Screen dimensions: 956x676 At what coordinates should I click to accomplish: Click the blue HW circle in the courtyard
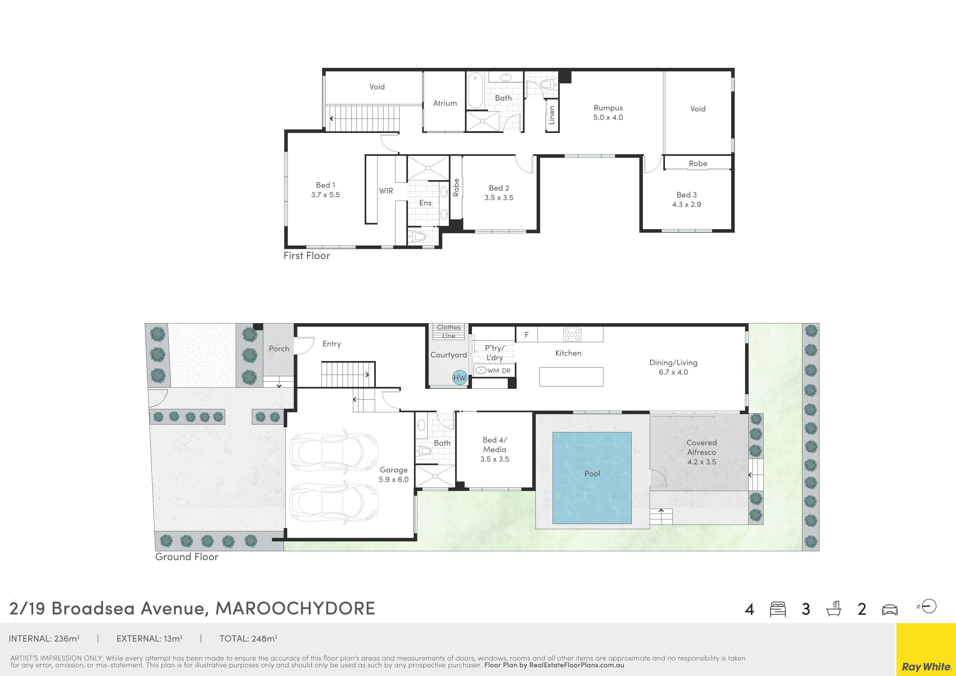[x=460, y=378]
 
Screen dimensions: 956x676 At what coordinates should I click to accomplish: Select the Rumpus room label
[x=608, y=112]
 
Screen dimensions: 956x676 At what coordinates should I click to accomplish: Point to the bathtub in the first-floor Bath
[x=475, y=91]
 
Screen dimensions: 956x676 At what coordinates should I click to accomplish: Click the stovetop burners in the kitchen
[x=572, y=334]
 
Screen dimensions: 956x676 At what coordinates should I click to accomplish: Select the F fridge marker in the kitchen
[x=527, y=335]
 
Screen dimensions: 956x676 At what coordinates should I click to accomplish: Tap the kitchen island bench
[x=571, y=377]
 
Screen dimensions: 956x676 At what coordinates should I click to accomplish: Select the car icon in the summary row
[x=890, y=610]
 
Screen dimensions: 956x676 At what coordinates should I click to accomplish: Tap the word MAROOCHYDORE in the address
[x=295, y=608]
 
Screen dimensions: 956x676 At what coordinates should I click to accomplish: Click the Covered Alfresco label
[x=701, y=452]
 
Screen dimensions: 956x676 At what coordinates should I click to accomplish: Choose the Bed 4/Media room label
[x=495, y=450]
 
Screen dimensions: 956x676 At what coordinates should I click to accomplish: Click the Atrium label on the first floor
[x=445, y=103]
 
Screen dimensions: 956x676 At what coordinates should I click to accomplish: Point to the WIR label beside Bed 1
[x=386, y=191]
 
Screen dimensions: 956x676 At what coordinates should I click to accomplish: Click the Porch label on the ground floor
[x=279, y=349]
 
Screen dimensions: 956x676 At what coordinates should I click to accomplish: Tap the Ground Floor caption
[x=186, y=557]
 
